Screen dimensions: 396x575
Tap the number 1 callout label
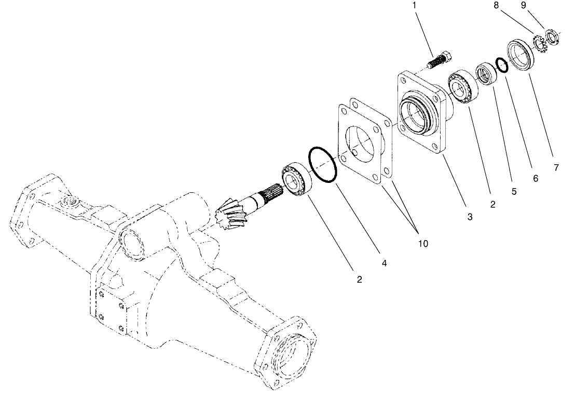414,6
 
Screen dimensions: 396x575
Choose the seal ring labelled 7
519,53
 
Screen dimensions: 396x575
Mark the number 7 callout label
556,168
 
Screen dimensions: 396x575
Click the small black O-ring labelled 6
502,65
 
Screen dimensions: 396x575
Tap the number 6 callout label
535,179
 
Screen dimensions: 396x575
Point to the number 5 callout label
514,191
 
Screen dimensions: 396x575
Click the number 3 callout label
470,217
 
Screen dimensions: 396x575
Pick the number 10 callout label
423,243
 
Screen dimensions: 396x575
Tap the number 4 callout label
384,263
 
